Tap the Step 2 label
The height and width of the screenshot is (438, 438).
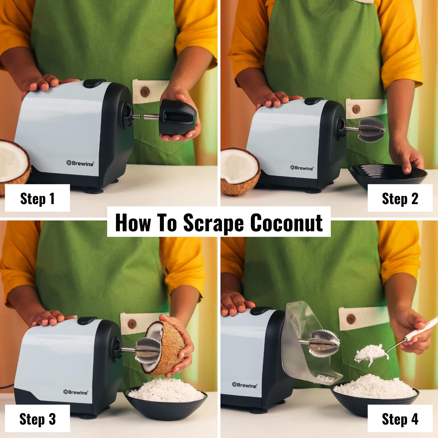(x=400, y=199)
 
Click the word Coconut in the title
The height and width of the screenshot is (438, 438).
(x=286, y=223)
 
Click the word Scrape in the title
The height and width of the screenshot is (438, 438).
(x=213, y=223)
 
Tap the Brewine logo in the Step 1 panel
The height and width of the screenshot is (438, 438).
(x=80, y=163)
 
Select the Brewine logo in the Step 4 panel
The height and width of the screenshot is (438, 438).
(x=245, y=385)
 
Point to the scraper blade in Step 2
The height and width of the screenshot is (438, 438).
(x=371, y=130)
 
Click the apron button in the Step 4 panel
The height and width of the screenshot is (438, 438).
(x=351, y=318)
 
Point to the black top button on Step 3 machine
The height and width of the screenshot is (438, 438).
(x=87, y=320)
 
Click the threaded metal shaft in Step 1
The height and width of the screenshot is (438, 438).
(x=137, y=116)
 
